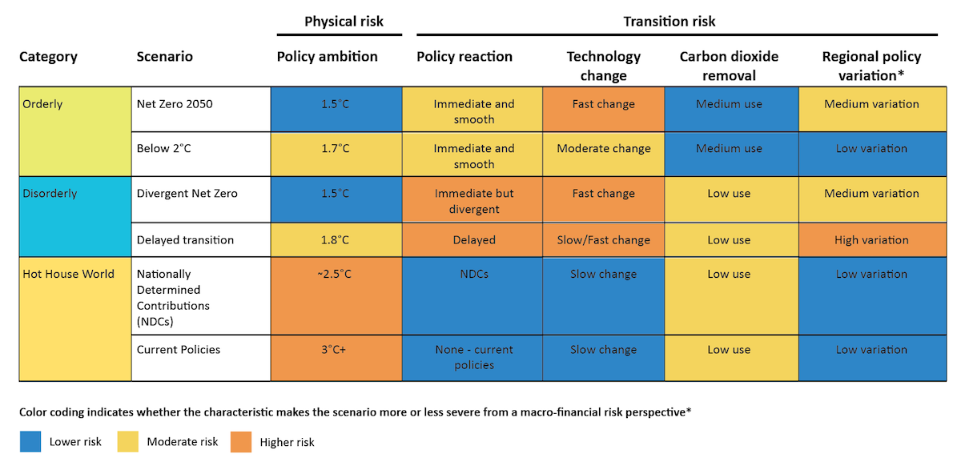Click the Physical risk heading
[344, 22]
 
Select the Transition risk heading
[669, 22]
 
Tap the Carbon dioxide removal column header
[729, 66]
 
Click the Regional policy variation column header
[871, 66]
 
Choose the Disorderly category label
[50, 194]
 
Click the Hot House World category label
[68, 274]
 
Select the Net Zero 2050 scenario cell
[175, 104]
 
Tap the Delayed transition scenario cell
[185, 240]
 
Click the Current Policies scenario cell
[179, 350]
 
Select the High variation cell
[871, 240]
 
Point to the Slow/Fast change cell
[604, 240]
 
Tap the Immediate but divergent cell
[473, 201]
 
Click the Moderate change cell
[604, 149]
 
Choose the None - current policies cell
[473, 357]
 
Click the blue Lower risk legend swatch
[30, 441]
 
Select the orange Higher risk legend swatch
[240, 441]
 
